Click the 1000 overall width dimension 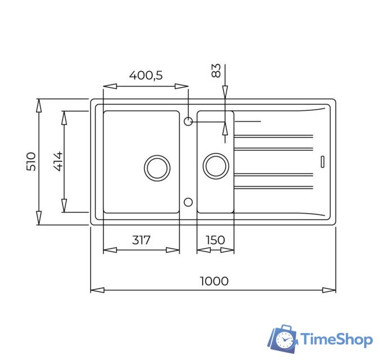[214, 281]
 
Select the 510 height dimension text [31, 161]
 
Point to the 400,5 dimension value [146, 75]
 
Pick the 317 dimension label [141, 240]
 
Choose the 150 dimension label [215, 240]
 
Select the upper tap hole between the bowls [189, 120]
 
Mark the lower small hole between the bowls [189, 201]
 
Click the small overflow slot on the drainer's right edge [323, 161]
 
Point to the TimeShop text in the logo [336, 340]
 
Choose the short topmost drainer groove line [248, 121]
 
